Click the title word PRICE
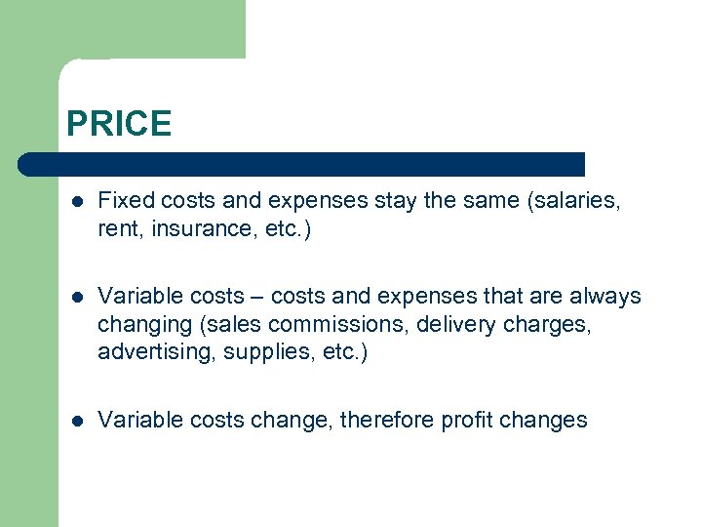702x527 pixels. tap(119, 124)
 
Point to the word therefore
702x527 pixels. tap(386, 421)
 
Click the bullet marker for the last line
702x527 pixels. tap(76, 422)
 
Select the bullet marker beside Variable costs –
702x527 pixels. tap(76, 297)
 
